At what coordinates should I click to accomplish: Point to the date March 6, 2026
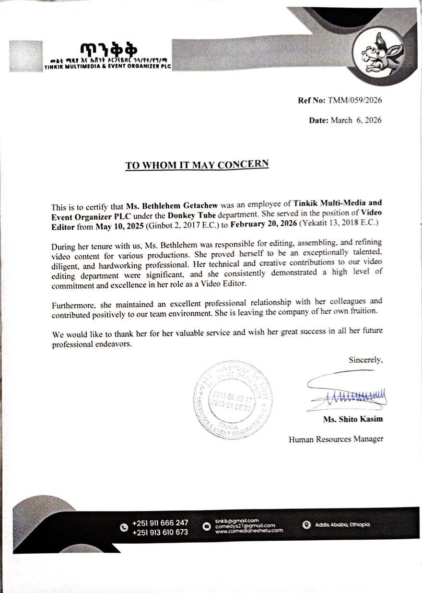[356, 120]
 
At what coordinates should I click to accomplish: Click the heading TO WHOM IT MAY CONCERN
[197, 165]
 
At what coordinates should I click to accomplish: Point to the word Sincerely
[365, 359]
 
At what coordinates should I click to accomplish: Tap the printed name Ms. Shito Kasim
[353, 419]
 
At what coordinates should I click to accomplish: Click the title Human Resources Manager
[336, 439]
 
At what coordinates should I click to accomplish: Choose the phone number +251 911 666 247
[160, 523]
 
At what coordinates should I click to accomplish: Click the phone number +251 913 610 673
[160, 532]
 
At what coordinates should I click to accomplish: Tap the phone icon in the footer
[124, 527]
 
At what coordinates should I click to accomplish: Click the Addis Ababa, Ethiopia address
[342, 525]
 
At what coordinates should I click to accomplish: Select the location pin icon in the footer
[307, 525]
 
